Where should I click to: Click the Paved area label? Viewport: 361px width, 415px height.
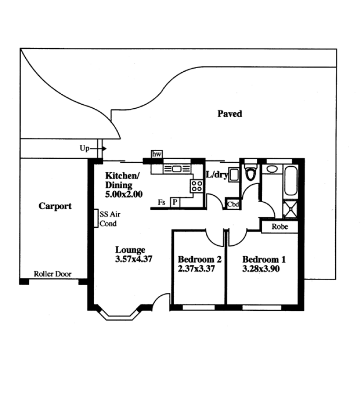point(230,114)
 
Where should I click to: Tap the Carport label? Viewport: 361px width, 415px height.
point(55,206)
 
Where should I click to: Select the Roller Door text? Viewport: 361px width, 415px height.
point(52,274)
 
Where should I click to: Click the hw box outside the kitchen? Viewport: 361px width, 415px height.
point(157,154)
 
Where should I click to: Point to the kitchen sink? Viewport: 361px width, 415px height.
point(176,169)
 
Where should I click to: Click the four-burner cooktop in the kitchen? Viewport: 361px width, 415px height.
point(197,186)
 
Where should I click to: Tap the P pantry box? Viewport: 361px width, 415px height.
point(175,203)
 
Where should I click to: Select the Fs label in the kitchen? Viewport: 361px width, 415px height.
point(162,203)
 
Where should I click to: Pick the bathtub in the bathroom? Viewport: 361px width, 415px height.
point(291,181)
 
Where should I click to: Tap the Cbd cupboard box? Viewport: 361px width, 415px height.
point(233,204)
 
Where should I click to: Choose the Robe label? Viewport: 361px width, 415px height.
point(280,227)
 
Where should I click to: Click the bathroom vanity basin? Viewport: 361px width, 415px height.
point(272,169)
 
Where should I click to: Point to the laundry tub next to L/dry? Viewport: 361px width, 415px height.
point(234,175)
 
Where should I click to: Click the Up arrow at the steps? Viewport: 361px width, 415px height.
point(98,148)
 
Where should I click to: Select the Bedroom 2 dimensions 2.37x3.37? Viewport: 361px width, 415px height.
point(196,269)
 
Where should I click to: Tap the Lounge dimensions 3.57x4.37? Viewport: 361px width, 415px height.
point(134,259)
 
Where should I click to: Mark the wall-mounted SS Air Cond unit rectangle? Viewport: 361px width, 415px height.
point(96,218)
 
